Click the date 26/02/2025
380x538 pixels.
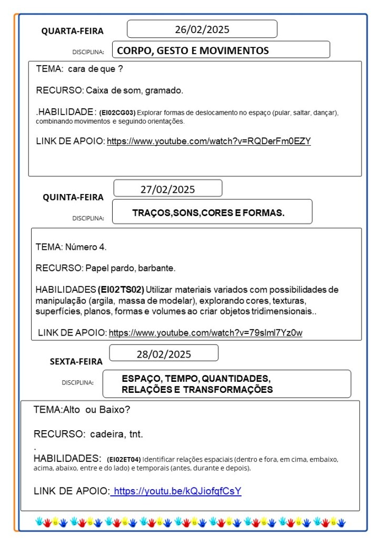coord(202,29)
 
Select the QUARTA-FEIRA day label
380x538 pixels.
coord(73,31)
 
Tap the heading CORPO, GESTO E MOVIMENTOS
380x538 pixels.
coord(193,50)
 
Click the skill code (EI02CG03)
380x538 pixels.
coord(117,113)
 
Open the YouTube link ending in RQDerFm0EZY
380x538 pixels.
coord(209,141)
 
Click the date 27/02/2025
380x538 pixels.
coord(167,189)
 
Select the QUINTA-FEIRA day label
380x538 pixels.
coord(73,197)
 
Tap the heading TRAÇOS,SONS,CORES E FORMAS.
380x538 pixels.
coord(208,213)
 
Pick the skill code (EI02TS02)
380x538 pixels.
coord(121,290)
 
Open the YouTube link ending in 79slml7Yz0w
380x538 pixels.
coord(205,332)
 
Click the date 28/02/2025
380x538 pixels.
coord(164,354)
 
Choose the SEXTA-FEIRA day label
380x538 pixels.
coord(76,361)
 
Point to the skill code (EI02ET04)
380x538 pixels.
coord(124,459)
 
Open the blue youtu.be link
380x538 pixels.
coord(177,491)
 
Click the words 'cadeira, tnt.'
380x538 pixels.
coord(116,434)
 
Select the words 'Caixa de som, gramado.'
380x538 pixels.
coord(134,90)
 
